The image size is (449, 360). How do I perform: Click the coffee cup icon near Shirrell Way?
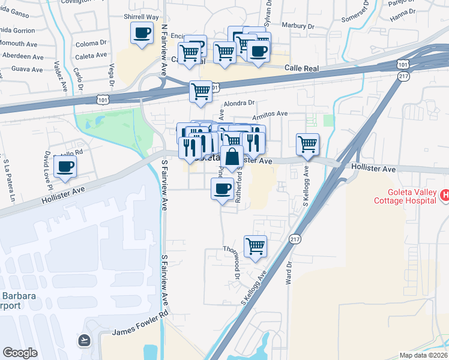[x=142, y=34]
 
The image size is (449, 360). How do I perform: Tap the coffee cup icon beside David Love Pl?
[x=65, y=166]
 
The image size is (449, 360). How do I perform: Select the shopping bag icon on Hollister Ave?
[x=232, y=158]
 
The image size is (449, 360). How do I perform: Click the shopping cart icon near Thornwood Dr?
[x=256, y=245]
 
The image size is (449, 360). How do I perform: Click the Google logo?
[x=20, y=353]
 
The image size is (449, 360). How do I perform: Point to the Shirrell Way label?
[x=142, y=17]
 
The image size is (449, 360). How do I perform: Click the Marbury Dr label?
[x=298, y=26]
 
